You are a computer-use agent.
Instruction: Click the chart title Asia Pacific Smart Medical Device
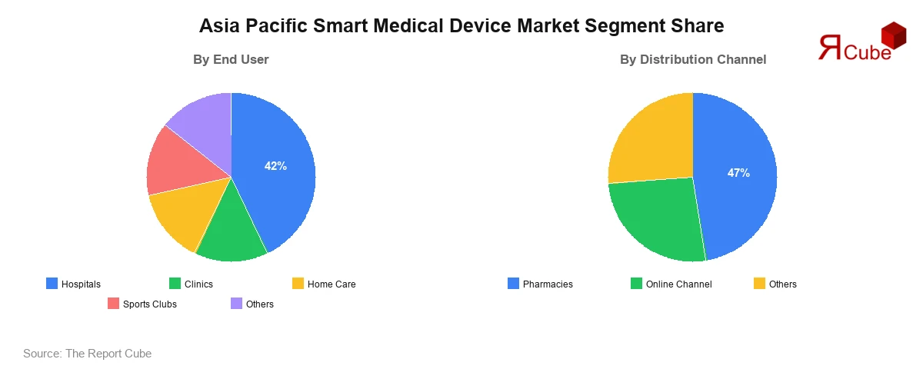[461, 26]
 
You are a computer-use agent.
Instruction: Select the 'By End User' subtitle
[231, 59]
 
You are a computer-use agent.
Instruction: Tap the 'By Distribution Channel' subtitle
[693, 59]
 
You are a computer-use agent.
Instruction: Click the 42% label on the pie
[275, 166]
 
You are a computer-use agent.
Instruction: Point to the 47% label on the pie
[738, 173]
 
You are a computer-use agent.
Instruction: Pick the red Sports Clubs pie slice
[175, 161]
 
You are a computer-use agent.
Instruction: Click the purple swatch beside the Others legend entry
[237, 304]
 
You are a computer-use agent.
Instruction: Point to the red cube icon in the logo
[893, 35]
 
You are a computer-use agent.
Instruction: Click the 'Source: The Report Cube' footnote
[88, 354]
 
